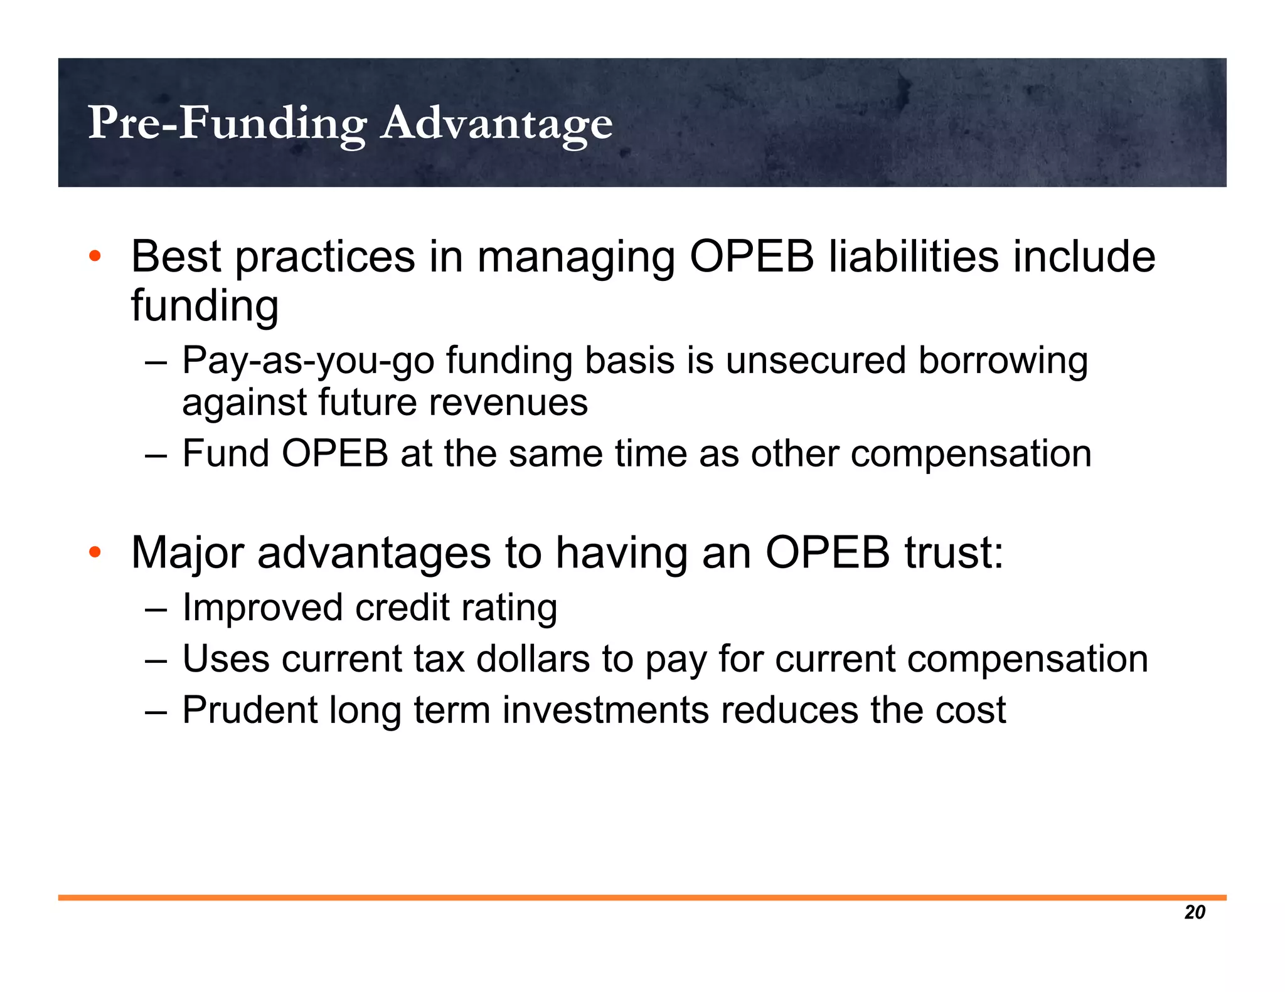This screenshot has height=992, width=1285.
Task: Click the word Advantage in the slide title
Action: [496, 124]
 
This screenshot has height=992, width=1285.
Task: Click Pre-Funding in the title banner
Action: [227, 123]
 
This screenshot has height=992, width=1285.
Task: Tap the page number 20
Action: [1195, 912]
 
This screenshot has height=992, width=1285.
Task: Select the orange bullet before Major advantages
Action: [95, 552]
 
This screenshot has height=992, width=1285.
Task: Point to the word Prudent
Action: [250, 710]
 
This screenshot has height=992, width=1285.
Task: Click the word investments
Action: [605, 710]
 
